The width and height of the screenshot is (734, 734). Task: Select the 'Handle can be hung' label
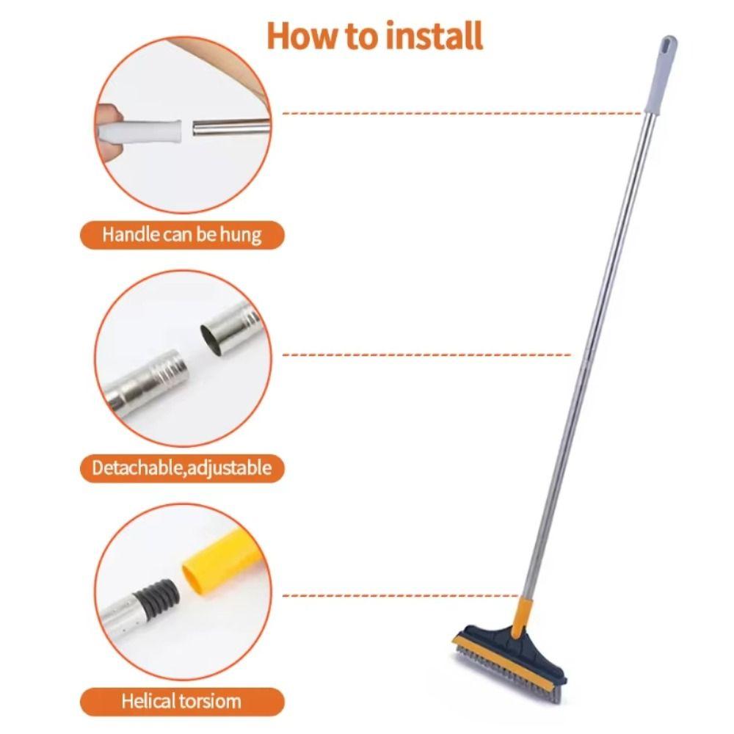pos(181,235)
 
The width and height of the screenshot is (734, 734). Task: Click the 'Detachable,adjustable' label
pos(181,468)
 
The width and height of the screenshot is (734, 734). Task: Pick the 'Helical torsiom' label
pos(181,701)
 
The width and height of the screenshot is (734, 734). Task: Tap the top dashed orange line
pos(462,114)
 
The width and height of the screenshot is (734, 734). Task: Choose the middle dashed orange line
pos(426,355)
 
